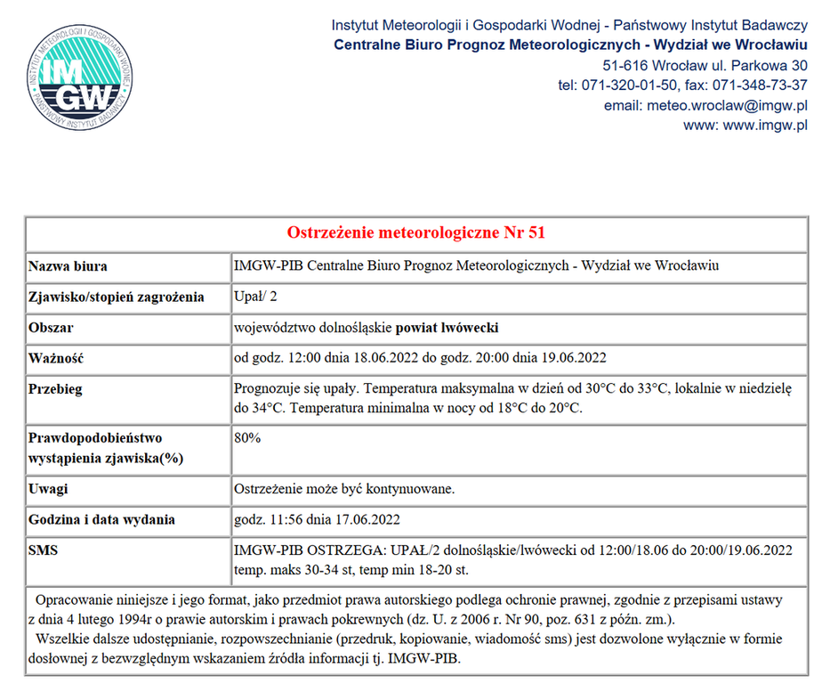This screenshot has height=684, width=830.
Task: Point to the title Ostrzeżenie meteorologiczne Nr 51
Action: point(415,233)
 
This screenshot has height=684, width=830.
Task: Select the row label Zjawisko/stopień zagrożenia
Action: point(117,297)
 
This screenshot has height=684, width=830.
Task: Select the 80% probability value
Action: point(247,438)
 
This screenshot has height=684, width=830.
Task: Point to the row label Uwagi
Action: point(48,489)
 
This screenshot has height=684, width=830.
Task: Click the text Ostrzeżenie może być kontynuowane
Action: point(343,489)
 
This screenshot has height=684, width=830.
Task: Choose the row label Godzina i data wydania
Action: point(101,520)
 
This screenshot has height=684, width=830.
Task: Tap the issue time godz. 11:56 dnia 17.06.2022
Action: point(317,520)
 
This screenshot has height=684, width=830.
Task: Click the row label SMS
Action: point(43,551)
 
